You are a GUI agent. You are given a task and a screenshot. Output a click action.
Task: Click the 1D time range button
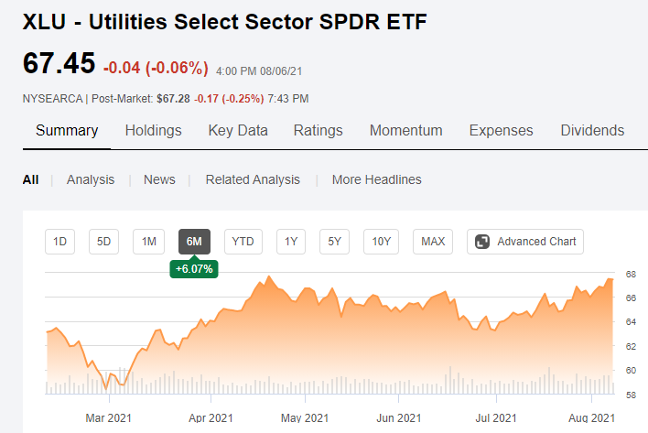coord(59,242)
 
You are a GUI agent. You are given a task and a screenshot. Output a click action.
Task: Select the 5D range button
coord(103,242)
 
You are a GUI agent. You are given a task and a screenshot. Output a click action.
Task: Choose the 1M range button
coord(147,242)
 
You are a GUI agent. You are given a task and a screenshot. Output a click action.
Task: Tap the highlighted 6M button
coord(193,242)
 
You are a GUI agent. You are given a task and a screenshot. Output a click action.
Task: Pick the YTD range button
coord(243,242)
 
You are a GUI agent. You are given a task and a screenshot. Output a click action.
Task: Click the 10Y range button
coord(381,242)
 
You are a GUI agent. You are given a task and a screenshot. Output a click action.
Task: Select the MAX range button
coord(432,242)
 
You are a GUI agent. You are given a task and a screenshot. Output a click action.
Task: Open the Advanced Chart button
coord(525,242)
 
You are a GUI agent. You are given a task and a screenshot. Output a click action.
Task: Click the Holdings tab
coord(153,130)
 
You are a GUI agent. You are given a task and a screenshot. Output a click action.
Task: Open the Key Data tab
coord(238,130)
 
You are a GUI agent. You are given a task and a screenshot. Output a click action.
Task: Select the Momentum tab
coord(405,130)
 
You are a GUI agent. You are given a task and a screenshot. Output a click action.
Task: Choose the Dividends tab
coord(592,130)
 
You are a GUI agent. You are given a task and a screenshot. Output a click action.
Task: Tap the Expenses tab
coord(501,130)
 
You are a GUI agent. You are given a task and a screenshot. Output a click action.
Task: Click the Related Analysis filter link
coord(253,179)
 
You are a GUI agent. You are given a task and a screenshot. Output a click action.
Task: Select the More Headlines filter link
coord(376,179)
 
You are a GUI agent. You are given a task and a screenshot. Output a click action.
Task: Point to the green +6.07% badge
coord(193,269)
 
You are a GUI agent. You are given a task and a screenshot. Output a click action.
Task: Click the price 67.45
coord(59,64)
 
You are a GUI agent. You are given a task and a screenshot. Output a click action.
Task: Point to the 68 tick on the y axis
coord(631,274)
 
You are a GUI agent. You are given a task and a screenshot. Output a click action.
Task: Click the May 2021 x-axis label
coord(304,418)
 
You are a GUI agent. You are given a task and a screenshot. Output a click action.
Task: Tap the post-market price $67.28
coord(174,98)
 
